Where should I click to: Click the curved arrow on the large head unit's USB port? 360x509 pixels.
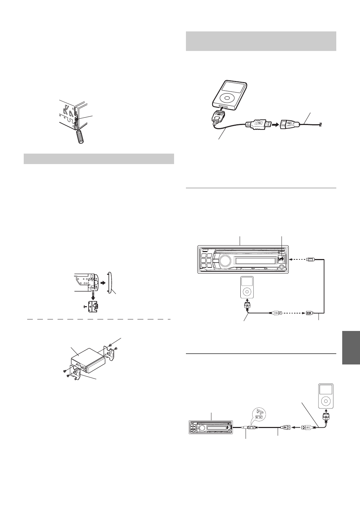tap(281, 259)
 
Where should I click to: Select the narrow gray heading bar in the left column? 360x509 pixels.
tap(99, 158)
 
